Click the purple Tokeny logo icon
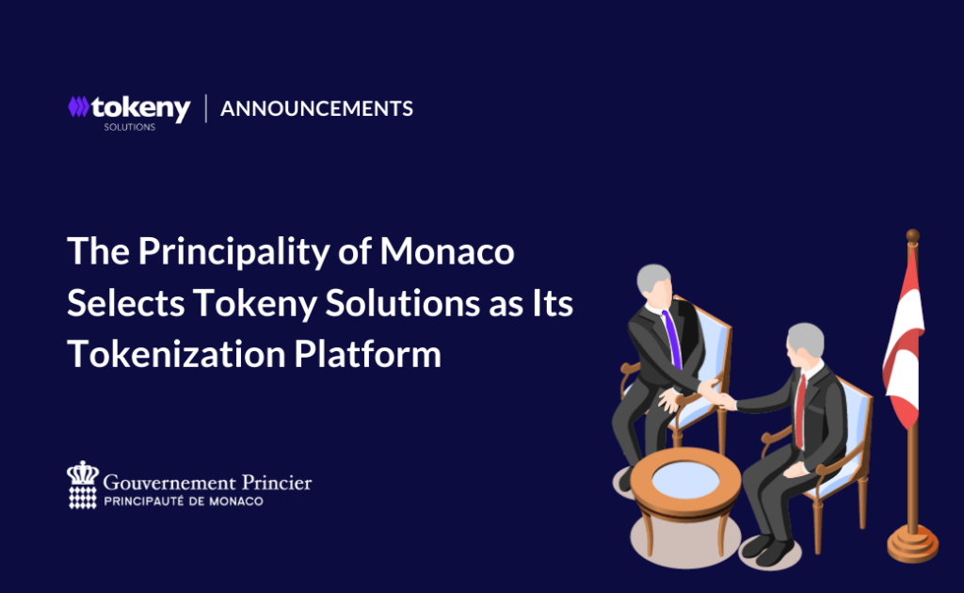[x=78, y=107]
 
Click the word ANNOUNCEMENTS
[x=316, y=109]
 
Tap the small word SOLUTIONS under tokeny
[x=130, y=127]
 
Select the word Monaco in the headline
[x=447, y=251]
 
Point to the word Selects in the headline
[x=126, y=304]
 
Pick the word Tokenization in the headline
[x=176, y=355]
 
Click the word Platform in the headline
[x=368, y=355]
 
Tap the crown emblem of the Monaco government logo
[x=83, y=485]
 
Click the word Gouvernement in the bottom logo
[x=169, y=483]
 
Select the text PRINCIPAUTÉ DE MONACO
[x=184, y=502]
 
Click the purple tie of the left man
[x=672, y=339]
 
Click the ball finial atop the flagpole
[x=913, y=236]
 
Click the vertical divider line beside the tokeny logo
[x=206, y=108]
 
